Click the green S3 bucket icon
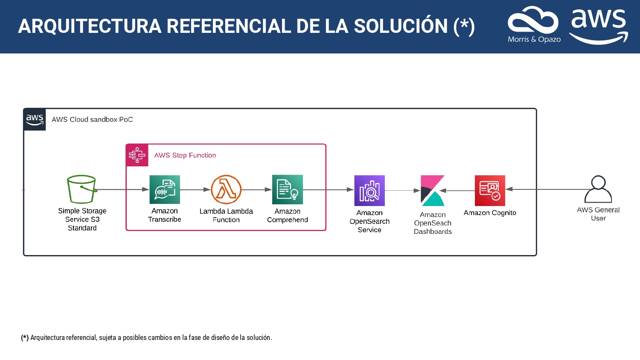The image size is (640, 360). (82, 189)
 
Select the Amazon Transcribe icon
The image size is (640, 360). (165, 189)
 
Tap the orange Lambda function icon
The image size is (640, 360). (226, 189)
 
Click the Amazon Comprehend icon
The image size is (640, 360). (288, 189)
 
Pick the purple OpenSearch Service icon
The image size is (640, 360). (369, 191)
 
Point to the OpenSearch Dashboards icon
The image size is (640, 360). (433, 191)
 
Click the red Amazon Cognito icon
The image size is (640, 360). (490, 191)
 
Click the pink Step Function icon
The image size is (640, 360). (137, 155)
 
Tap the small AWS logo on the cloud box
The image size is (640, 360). (35, 119)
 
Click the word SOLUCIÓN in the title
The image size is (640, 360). (401, 26)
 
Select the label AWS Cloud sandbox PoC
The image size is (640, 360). (92, 119)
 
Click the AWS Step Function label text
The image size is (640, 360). (185, 155)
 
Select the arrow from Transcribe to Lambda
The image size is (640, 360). (195, 189)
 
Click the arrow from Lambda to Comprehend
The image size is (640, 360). (256, 189)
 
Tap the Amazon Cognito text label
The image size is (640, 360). (490, 213)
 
